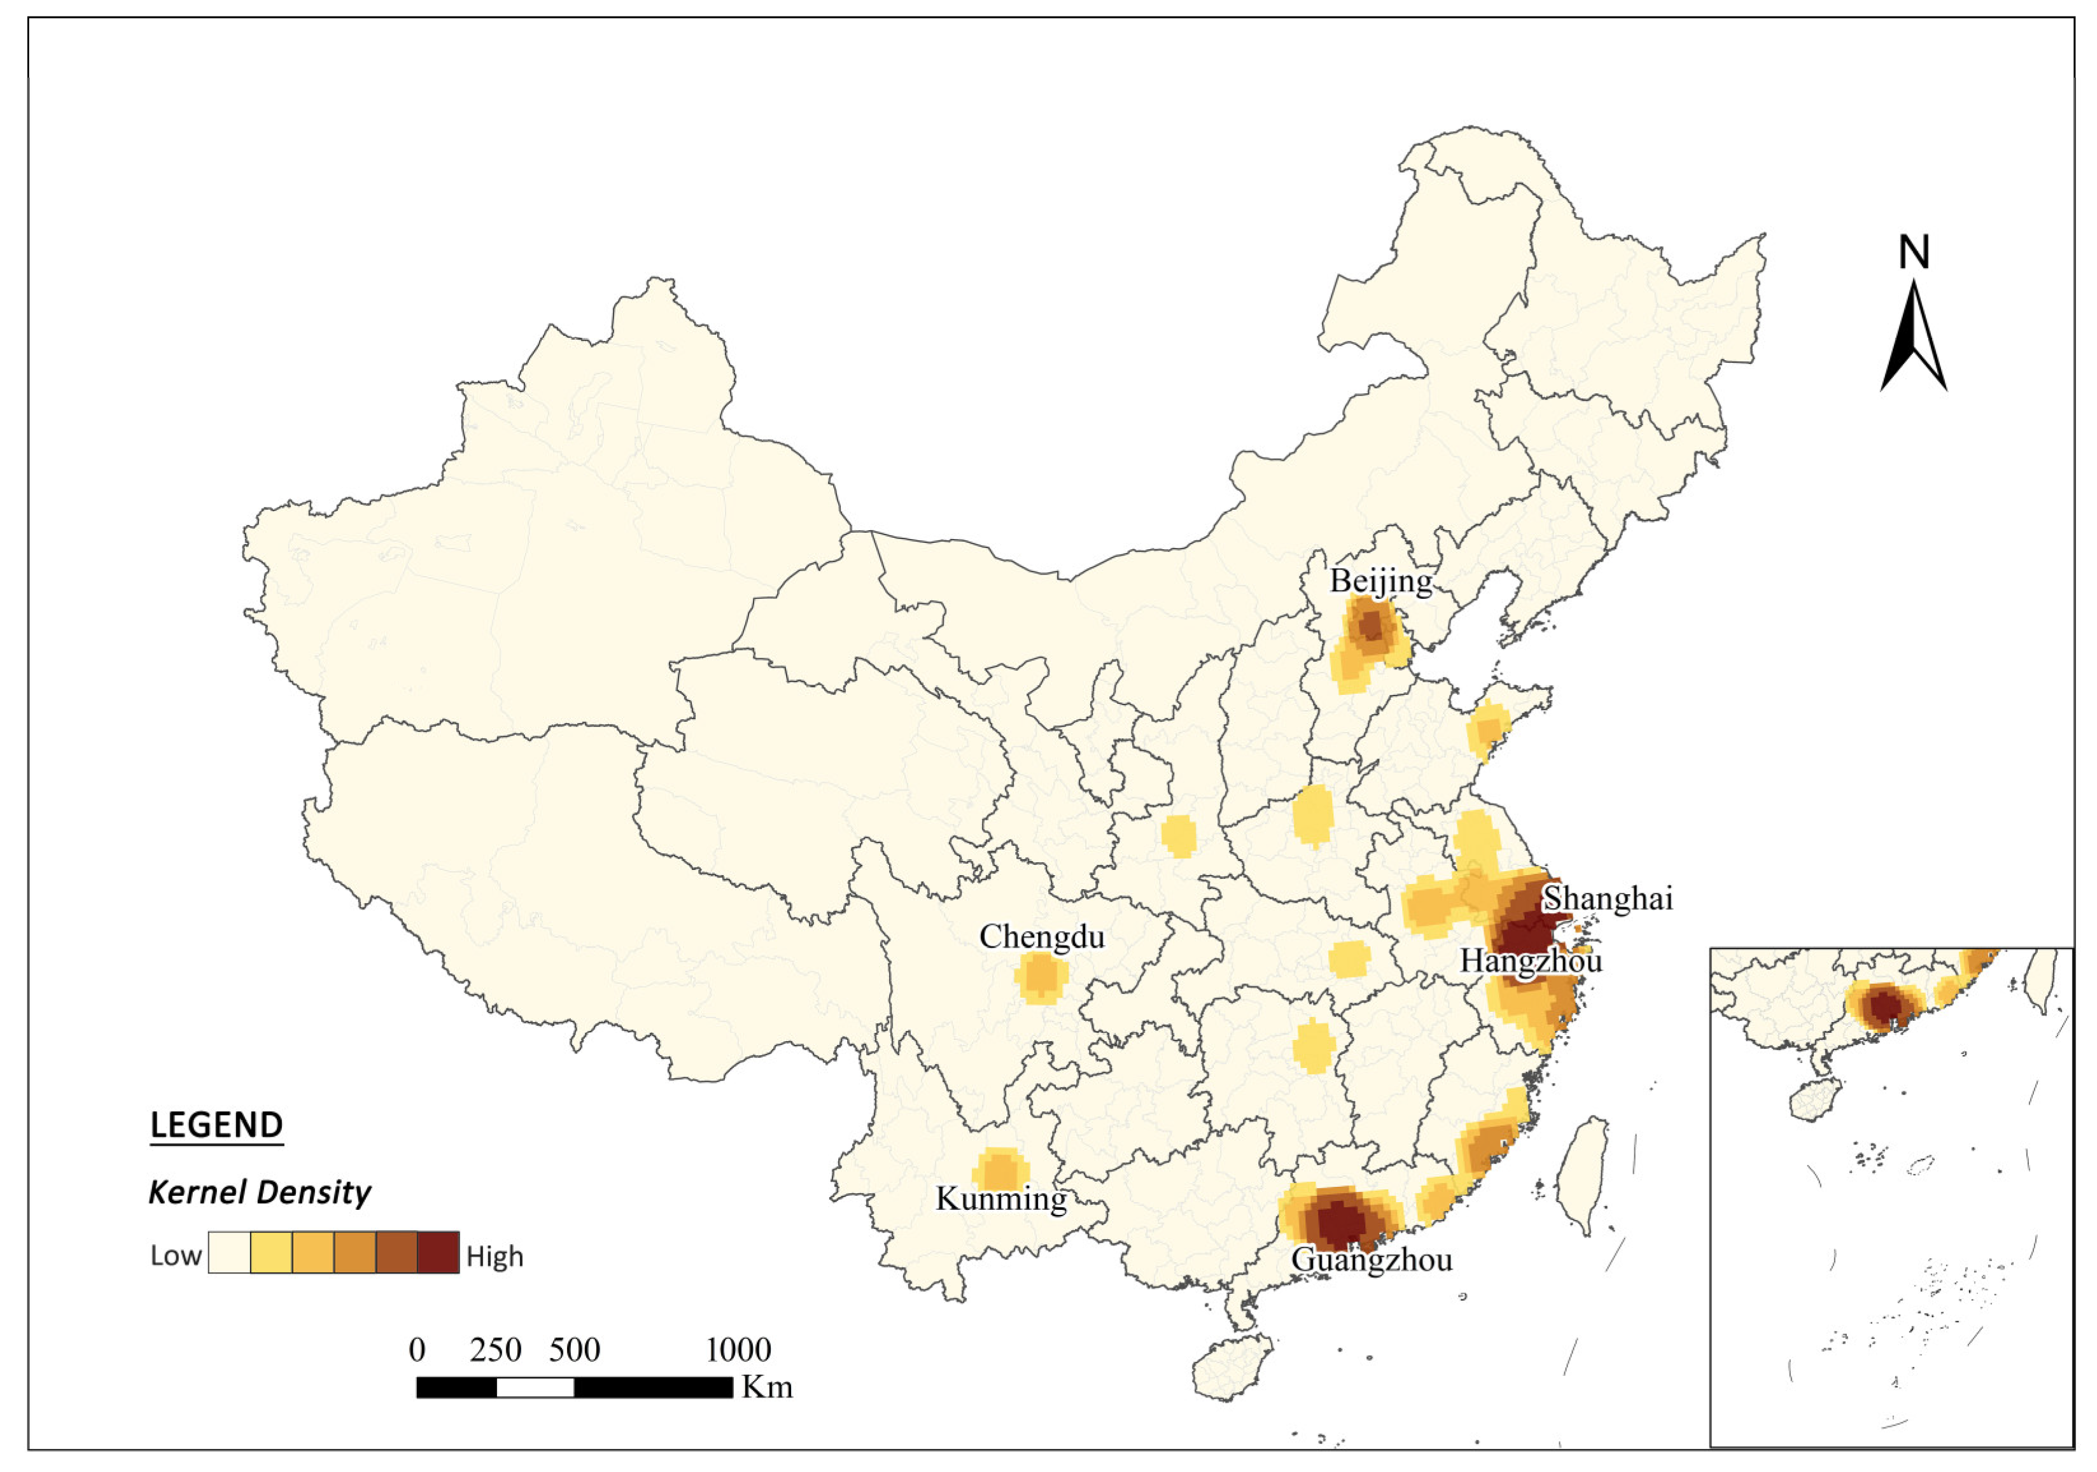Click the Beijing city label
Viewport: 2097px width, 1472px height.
point(1380,582)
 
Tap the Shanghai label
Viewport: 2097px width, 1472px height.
point(1608,899)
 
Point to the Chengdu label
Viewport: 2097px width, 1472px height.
point(1041,936)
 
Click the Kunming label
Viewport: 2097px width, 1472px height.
point(1001,1198)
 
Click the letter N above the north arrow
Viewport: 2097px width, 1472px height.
point(1914,253)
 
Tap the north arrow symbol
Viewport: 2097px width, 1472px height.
point(1914,338)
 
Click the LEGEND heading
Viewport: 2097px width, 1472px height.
point(216,1125)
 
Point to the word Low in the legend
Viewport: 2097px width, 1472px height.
point(176,1256)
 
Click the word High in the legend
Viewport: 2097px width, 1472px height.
point(494,1256)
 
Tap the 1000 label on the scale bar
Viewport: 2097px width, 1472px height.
point(738,1350)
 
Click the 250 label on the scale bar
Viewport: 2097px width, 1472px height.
point(495,1350)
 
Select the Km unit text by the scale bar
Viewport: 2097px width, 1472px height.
point(766,1388)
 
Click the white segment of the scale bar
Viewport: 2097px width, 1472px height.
point(535,1388)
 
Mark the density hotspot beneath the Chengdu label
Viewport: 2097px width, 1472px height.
point(1041,977)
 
